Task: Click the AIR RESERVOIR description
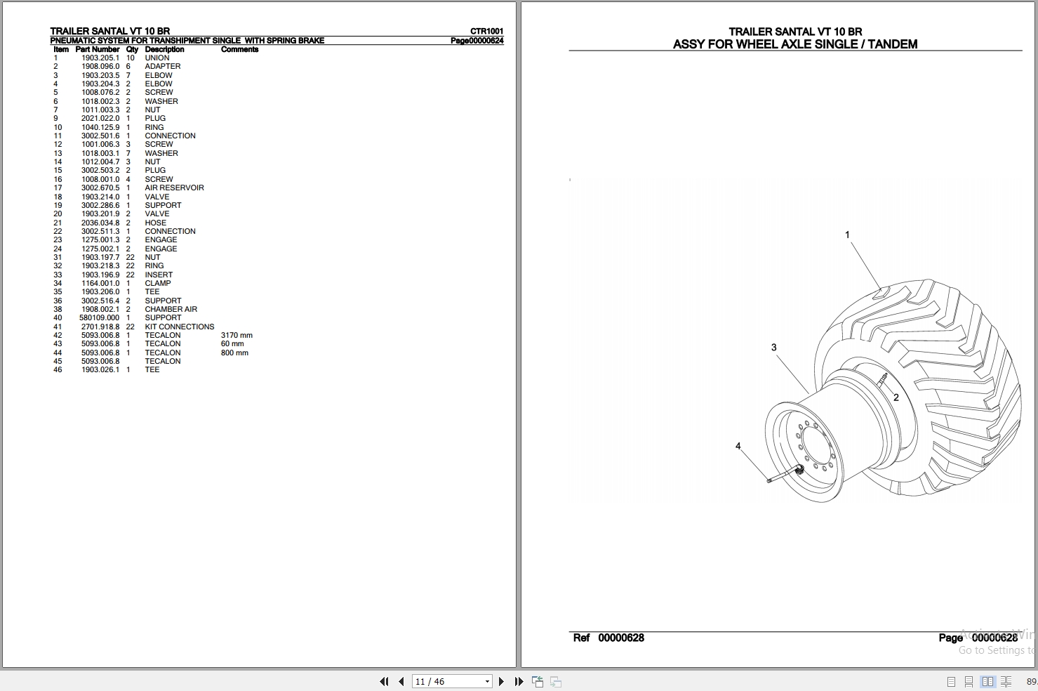click(174, 187)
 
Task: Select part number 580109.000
click(99, 317)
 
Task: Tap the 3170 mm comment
click(237, 335)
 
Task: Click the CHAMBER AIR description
click(171, 309)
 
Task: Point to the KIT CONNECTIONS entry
click(180, 327)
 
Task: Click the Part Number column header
click(98, 50)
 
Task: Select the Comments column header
click(239, 50)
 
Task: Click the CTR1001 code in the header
click(486, 31)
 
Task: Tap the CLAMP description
click(157, 284)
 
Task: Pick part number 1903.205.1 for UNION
click(100, 58)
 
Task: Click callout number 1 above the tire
click(848, 235)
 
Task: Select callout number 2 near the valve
click(896, 397)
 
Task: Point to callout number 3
click(774, 348)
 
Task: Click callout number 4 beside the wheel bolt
click(738, 446)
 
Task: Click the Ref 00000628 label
click(608, 638)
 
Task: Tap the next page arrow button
click(501, 681)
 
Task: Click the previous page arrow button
click(401, 681)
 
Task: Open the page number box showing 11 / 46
click(451, 681)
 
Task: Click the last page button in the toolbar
click(519, 681)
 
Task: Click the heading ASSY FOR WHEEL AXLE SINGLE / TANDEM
click(795, 44)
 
